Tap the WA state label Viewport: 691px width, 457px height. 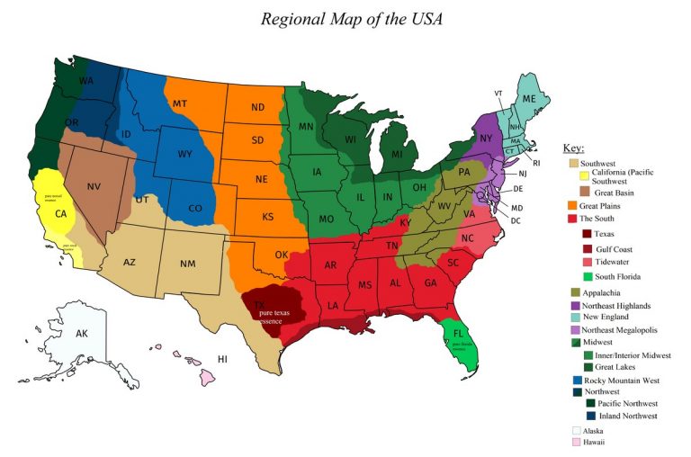[x=87, y=80]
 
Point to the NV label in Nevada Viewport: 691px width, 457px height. [x=94, y=186]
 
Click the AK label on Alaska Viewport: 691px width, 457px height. [x=82, y=334]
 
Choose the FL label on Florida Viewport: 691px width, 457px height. [x=458, y=333]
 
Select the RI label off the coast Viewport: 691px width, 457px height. [x=536, y=163]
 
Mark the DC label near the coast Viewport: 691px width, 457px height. [x=516, y=220]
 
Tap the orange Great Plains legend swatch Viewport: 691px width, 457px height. [x=570, y=205]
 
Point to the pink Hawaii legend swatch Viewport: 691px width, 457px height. [x=570, y=444]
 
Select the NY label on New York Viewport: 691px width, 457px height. [x=487, y=139]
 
